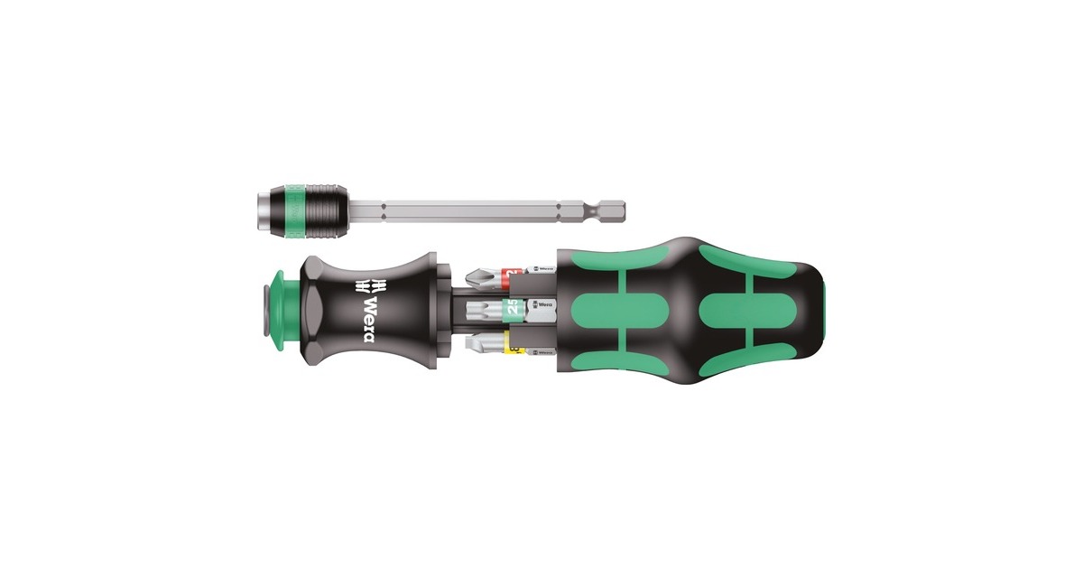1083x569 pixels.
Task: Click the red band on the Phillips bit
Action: pos(514,271)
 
